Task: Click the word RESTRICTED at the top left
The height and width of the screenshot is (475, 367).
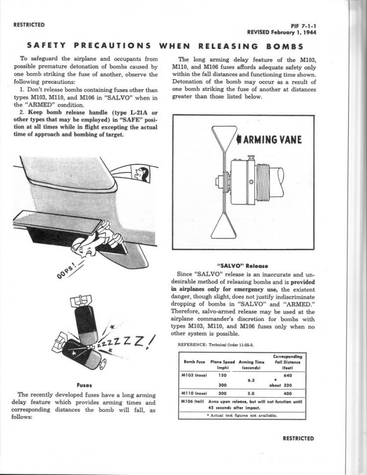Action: [29, 25]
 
